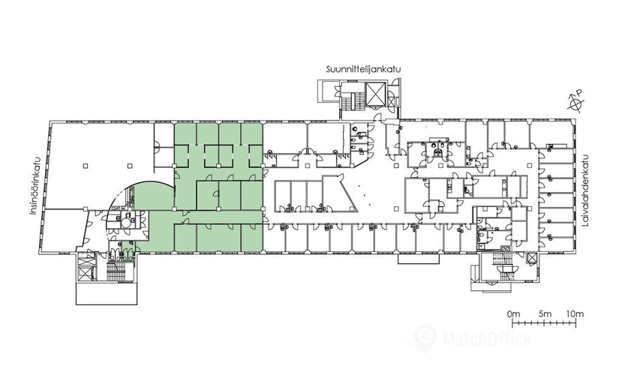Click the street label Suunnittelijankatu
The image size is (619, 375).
point(364,70)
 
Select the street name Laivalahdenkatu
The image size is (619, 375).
point(585,190)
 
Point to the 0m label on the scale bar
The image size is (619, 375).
point(514,314)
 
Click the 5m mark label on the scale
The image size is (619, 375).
point(545,314)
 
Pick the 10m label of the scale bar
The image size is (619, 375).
point(575,314)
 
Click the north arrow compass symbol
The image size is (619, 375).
point(576,102)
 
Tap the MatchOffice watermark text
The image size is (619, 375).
point(487,339)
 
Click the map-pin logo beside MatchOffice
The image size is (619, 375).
point(426,337)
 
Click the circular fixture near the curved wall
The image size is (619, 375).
point(126,222)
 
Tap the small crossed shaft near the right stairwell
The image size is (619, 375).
point(532,259)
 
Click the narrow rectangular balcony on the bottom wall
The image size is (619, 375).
point(418,259)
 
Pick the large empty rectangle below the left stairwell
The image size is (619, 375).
point(107,293)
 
